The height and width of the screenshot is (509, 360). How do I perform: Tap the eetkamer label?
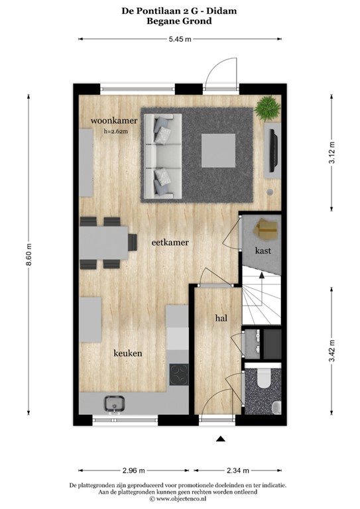click(170, 243)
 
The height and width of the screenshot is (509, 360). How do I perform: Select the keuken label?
click(127, 353)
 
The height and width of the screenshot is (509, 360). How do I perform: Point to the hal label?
click(221, 318)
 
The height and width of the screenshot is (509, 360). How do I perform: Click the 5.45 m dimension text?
click(179, 40)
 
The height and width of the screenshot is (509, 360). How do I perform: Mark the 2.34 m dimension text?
click(237, 471)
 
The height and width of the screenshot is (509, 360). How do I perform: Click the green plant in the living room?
click(269, 108)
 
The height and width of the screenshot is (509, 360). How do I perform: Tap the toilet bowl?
click(263, 378)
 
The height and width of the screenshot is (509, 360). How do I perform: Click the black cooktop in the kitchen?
click(179, 375)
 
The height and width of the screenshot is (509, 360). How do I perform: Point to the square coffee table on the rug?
click(218, 148)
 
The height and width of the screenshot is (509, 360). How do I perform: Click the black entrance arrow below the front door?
click(221, 438)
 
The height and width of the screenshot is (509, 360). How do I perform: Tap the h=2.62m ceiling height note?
click(116, 131)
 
